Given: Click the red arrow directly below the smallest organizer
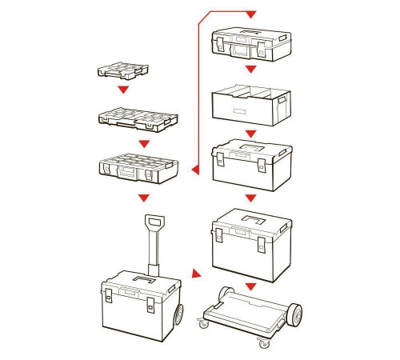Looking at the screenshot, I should (x=122, y=90).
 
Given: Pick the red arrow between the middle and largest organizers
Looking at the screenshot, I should (x=144, y=143).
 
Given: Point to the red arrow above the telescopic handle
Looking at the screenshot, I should (x=144, y=197).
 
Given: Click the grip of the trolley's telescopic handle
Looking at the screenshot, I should (x=154, y=220).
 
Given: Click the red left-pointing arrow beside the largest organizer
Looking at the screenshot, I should (x=194, y=170).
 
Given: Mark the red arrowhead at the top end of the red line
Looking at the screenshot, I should (x=250, y=14).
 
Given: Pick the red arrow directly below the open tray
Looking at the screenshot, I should (x=250, y=132).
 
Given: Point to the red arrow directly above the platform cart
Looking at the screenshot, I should (x=250, y=286).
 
